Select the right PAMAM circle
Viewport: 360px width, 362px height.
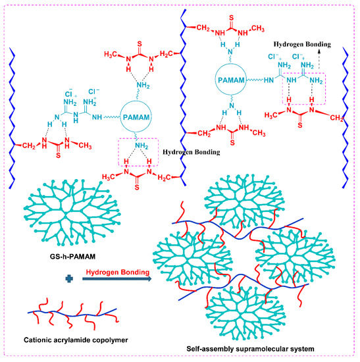(230, 80)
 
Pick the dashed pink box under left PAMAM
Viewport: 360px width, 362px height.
(136, 154)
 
